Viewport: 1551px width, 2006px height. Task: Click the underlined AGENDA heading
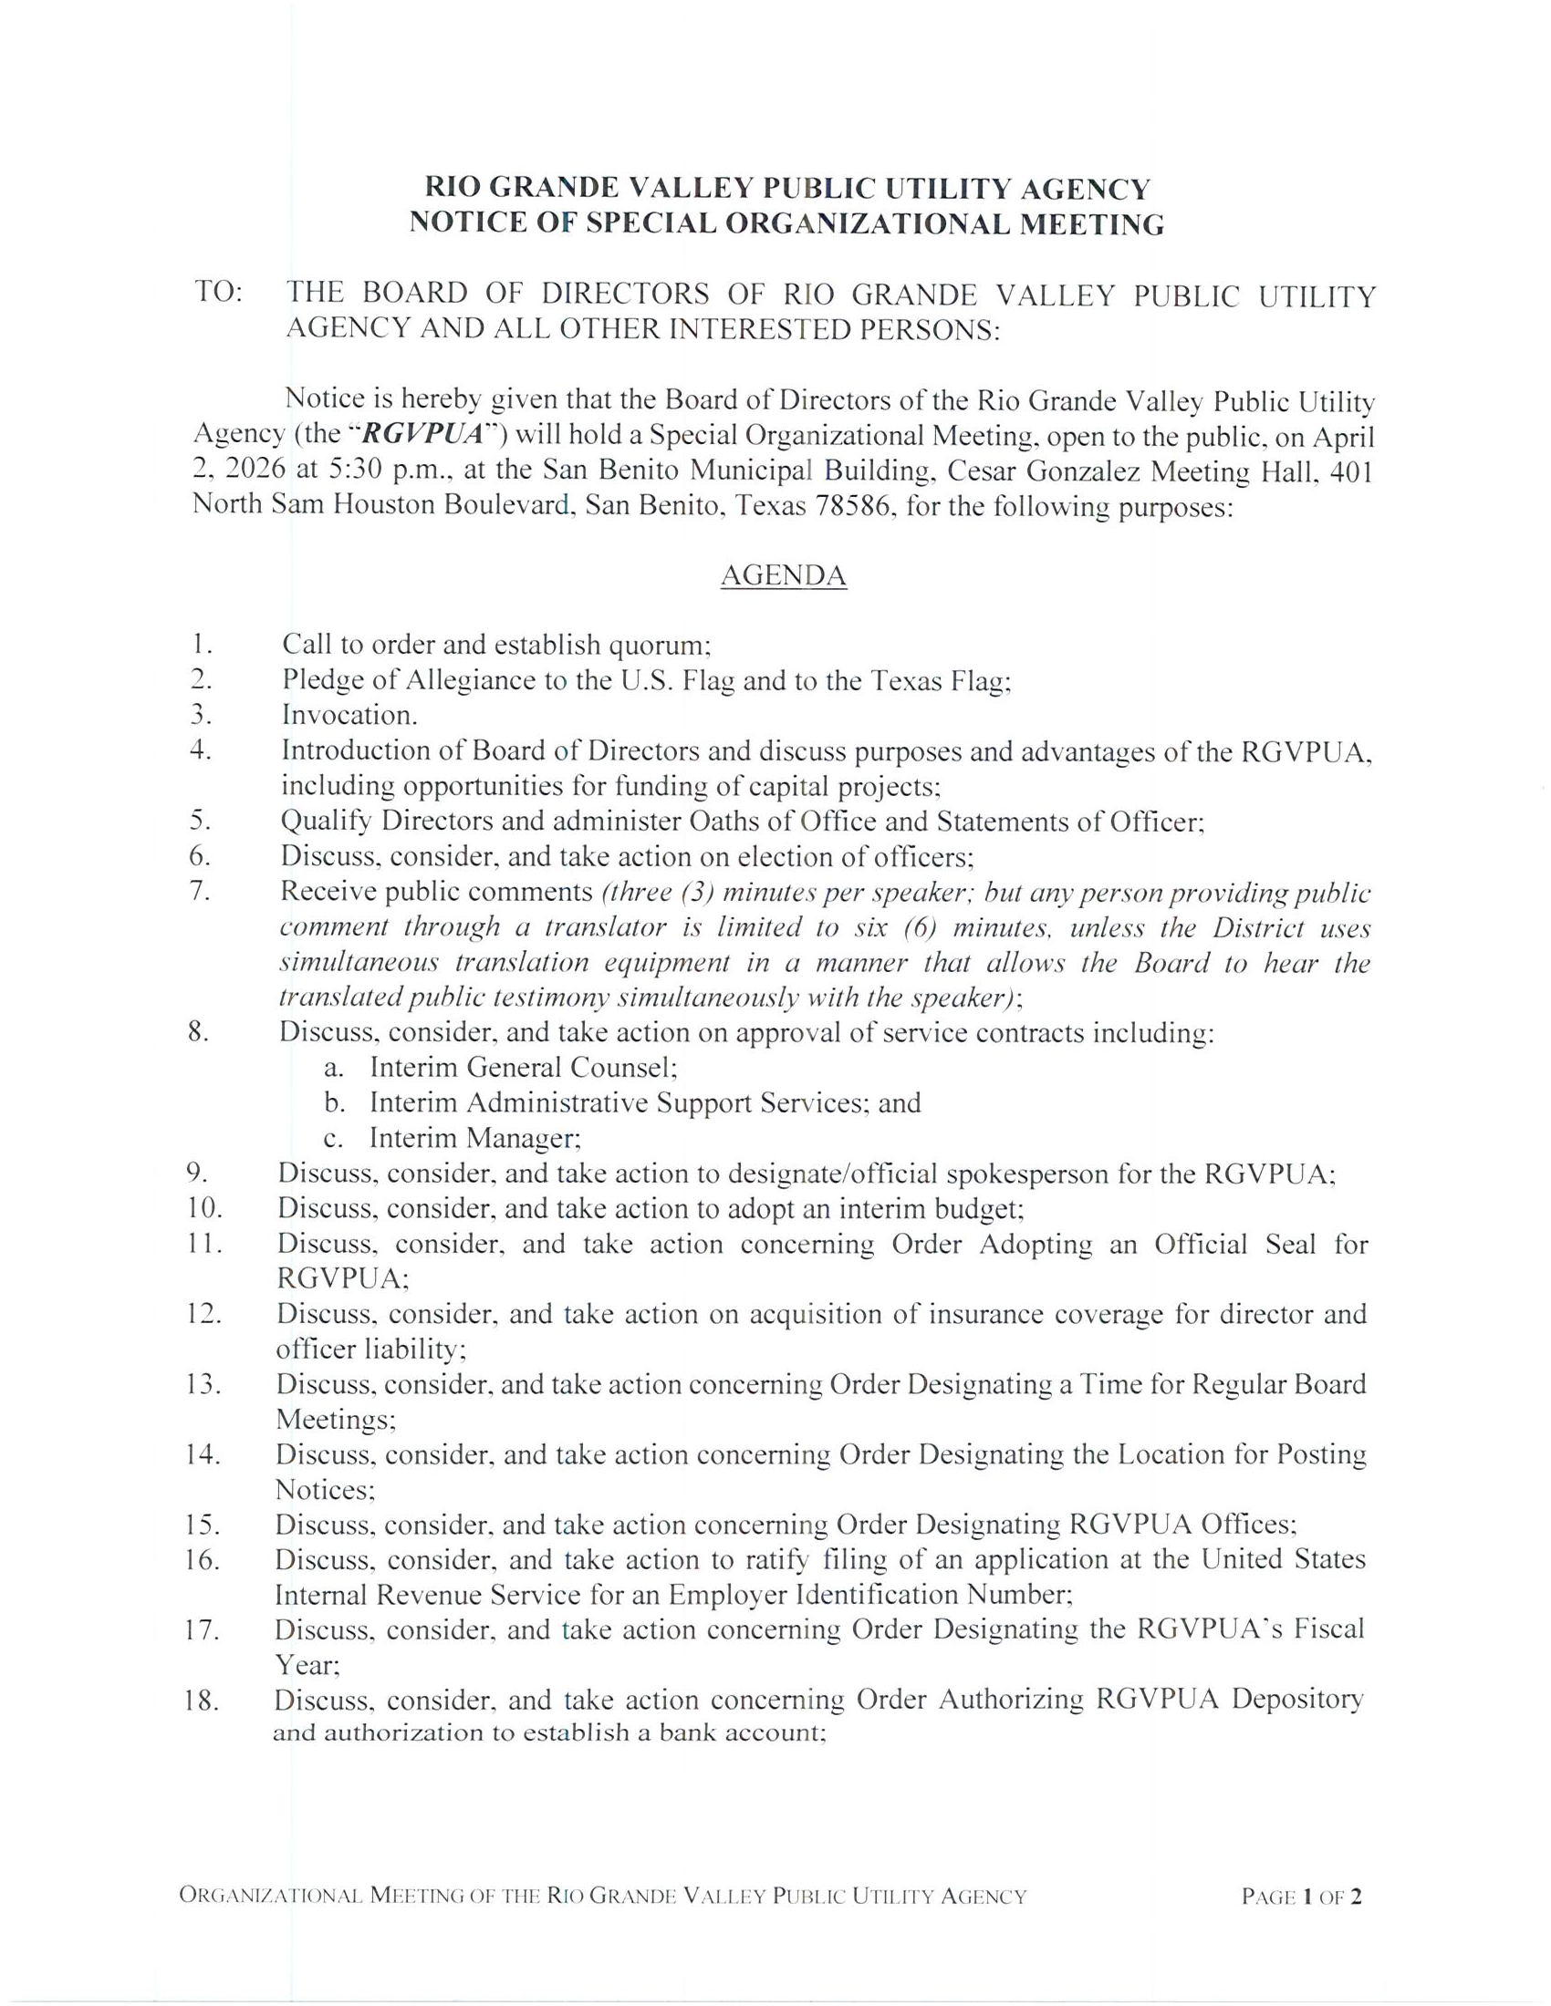click(783, 575)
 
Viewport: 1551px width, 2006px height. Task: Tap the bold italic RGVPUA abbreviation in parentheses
click(429, 434)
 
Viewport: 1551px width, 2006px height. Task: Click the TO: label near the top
click(219, 293)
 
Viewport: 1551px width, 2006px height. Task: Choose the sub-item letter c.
click(334, 1139)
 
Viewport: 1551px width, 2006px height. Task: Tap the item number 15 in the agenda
click(202, 1525)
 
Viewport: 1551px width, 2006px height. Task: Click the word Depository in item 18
click(1297, 1701)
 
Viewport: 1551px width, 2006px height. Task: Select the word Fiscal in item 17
click(1328, 1629)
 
